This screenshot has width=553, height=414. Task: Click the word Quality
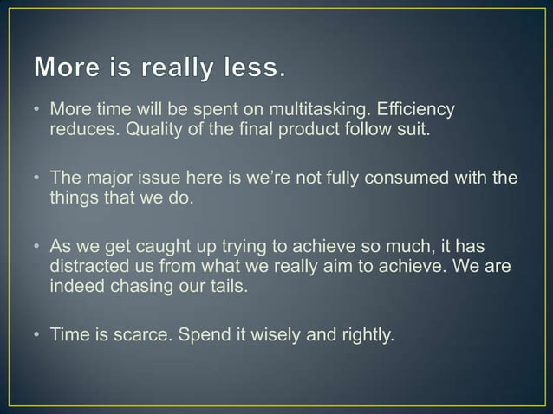(144, 132)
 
